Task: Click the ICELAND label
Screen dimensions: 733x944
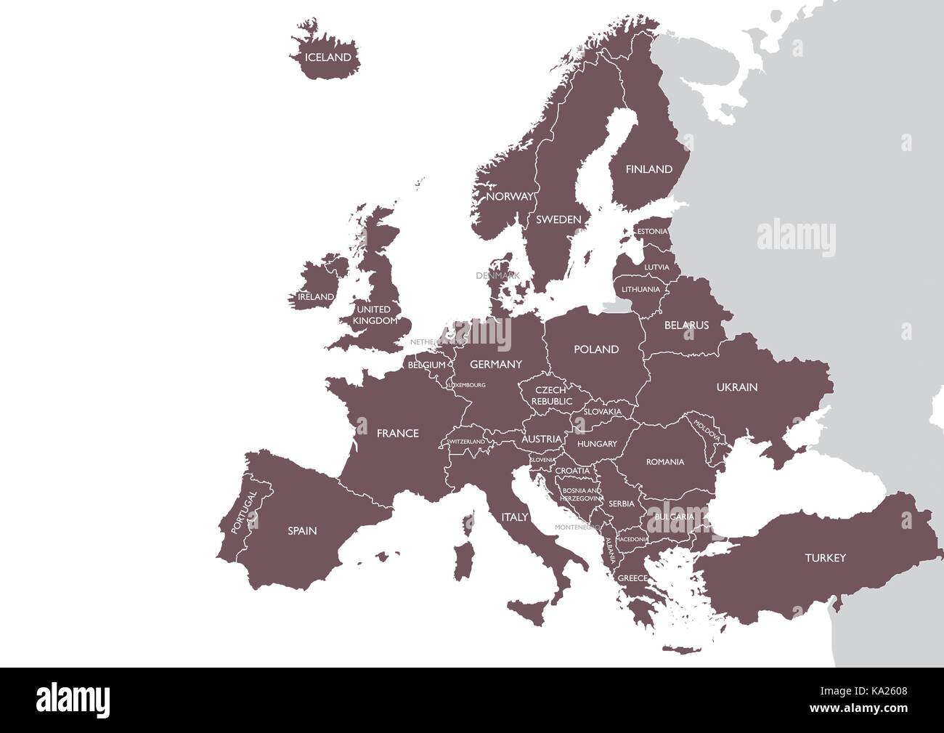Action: point(327,57)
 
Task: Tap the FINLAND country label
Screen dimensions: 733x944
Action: point(649,169)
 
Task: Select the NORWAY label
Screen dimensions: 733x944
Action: point(509,197)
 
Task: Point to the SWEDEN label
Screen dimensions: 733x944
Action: point(558,219)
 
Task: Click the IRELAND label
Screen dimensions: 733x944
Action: point(316,297)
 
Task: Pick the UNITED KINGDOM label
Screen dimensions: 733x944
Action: point(375,315)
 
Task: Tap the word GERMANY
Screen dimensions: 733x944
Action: point(496,364)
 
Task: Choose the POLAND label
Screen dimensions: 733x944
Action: point(596,349)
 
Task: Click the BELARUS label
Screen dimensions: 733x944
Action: point(686,325)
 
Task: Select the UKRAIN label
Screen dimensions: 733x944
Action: point(737,387)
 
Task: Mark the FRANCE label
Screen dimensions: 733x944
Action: point(397,434)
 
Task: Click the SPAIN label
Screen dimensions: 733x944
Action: point(302,531)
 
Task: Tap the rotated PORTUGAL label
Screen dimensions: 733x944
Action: point(244,513)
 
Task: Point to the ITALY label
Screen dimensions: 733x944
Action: point(514,517)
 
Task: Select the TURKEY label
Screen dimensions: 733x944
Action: point(825,558)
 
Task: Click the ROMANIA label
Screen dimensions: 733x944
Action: point(665,462)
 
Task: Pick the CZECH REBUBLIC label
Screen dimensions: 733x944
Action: point(551,396)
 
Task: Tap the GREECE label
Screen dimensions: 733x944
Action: point(632,578)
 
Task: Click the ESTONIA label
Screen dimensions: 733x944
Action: point(651,232)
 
